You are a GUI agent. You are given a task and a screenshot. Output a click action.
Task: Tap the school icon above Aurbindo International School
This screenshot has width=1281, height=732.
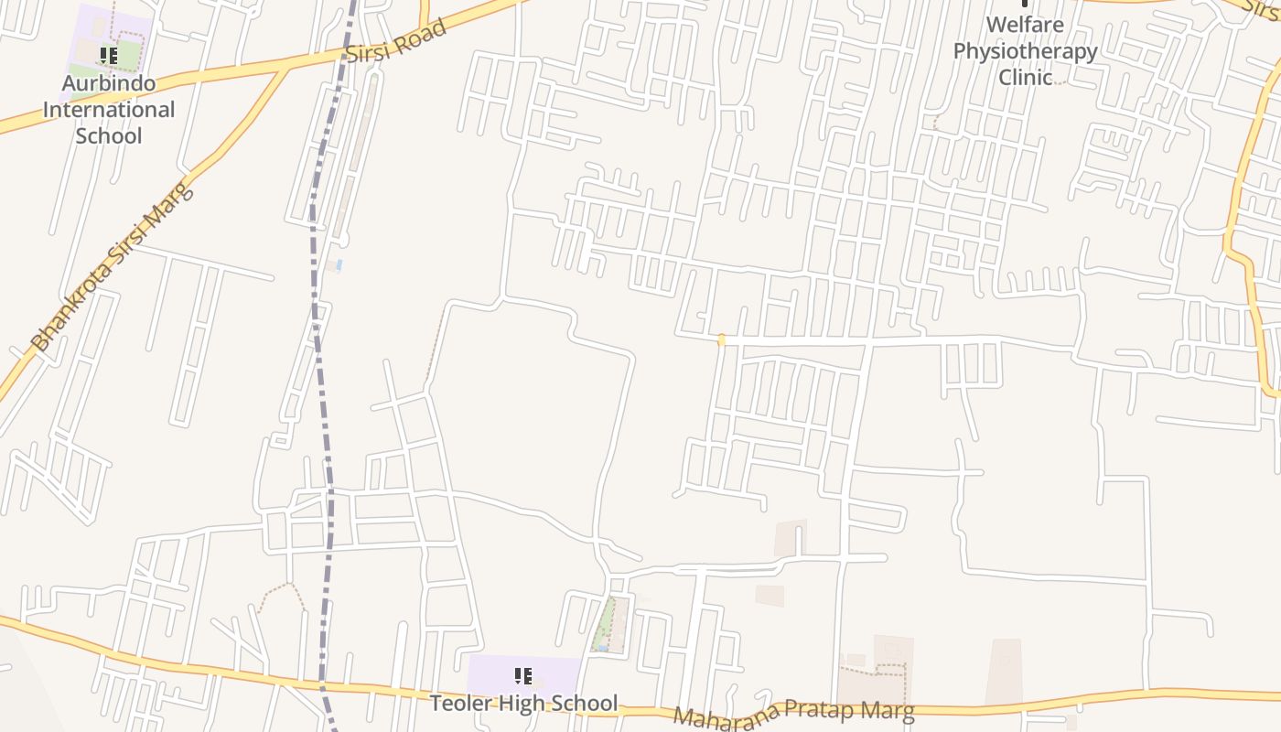(109, 57)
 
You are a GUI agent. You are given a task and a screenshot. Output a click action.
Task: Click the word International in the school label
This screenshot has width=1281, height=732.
(108, 110)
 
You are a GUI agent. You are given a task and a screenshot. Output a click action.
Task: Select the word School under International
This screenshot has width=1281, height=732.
(108, 135)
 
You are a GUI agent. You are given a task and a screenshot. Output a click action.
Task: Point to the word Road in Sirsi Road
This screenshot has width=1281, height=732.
(422, 35)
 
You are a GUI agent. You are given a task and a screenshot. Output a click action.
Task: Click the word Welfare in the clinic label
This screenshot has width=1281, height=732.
(1025, 24)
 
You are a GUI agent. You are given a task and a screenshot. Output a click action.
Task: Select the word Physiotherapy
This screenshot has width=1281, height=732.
(1025, 50)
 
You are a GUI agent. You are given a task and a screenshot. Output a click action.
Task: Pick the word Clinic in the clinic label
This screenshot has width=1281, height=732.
(1025, 77)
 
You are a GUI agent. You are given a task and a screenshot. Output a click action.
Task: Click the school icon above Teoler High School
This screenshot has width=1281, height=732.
(523, 676)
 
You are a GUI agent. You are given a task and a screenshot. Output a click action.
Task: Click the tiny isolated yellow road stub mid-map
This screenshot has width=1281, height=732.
(721, 340)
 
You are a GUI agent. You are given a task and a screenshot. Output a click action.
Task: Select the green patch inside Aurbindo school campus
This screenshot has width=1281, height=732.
(129, 56)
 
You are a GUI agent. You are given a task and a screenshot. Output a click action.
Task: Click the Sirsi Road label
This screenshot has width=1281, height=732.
(396, 42)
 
